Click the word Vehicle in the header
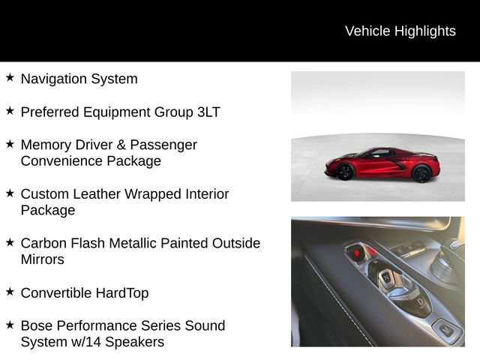(x=367, y=31)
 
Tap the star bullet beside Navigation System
(x=10, y=77)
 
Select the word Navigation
(x=54, y=79)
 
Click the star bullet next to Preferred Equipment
(x=10, y=110)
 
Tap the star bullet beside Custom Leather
(x=10, y=193)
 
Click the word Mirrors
(x=43, y=259)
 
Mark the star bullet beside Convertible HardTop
(x=10, y=292)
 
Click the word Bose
(x=37, y=325)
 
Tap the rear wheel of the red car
(x=422, y=173)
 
